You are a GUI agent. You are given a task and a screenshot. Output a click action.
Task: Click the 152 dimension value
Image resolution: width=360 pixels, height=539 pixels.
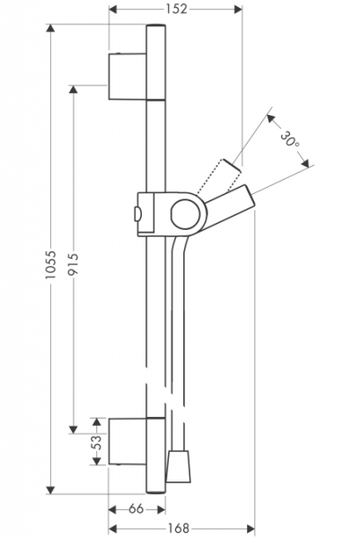coord(177,9)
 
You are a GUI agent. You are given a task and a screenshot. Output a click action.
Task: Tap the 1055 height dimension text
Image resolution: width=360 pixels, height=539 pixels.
coord(50,264)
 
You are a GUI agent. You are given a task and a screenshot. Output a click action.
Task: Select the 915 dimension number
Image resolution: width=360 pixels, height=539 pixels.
coord(74,263)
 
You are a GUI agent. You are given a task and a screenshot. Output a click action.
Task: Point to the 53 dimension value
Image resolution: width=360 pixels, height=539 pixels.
coord(97,442)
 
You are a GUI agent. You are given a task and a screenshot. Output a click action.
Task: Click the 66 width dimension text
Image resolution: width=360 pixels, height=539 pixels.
coord(136,508)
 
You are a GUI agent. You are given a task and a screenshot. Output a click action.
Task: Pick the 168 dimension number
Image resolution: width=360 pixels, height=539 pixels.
coord(179,527)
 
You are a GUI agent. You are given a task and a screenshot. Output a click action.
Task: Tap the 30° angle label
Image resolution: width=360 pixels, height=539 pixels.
coord(289,139)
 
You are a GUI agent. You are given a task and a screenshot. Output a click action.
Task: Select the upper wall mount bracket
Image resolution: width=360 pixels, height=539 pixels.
coord(127,76)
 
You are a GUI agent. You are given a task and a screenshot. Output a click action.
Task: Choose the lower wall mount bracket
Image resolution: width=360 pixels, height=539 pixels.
coord(127,442)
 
